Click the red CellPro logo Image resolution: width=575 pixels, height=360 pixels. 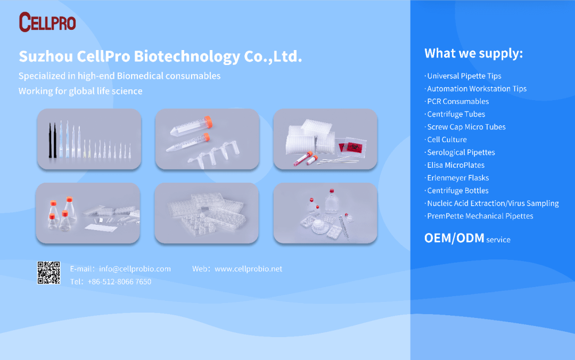pyautogui.click(x=47, y=22)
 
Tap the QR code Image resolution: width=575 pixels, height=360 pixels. pyautogui.click(x=48, y=273)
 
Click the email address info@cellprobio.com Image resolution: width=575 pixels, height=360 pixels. pyautogui.click(x=135, y=268)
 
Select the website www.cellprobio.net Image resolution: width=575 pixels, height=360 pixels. pyautogui.click(x=248, y=268)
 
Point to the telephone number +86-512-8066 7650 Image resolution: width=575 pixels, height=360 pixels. pyautogui.click(x=120, y=282)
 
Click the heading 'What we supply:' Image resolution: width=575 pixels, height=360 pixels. pyautogui.click(x=473, y=54)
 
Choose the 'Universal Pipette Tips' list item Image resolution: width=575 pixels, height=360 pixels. pyautogui.click(x=464, y=76)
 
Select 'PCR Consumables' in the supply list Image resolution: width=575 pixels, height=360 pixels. pyautogui.click(x=458, y=101)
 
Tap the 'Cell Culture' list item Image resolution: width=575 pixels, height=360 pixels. pyautogui.click(x=447, y=140)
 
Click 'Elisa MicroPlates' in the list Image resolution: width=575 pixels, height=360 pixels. pyautogui.click(x=455, y=165)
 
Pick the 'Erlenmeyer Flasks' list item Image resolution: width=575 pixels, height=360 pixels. pyautogui.click(x=458, y=178)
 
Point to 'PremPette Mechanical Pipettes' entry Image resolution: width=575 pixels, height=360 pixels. pyautogui.click(x=480, y=216)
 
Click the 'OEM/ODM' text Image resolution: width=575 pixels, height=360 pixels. pyautogui.click(x=454, y=238)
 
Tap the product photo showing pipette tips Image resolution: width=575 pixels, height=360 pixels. pyautogui.click(x=89, y=139)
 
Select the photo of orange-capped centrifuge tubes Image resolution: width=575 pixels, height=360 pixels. pyautogui.click(x=207, y=139)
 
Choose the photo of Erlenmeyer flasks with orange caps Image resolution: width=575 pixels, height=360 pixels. pyautogui.click(x=88, y=213)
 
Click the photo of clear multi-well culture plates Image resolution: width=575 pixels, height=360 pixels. pyautogui.click(x=207, y=213)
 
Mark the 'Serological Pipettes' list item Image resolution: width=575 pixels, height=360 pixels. pyautogui.click(x=461, y=152)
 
